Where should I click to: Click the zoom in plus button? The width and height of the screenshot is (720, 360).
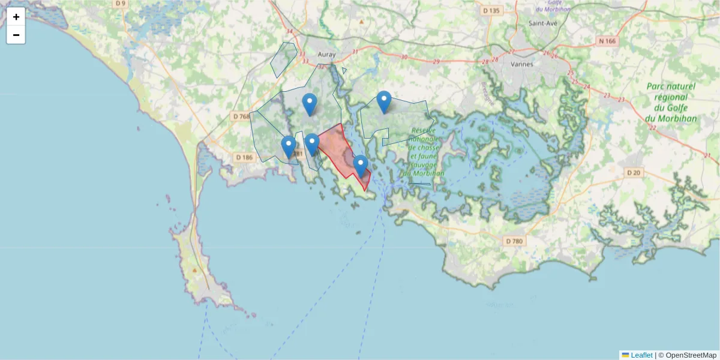(16, 17)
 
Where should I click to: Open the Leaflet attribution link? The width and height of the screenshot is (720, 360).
(641, 355)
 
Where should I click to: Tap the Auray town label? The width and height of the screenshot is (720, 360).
(326, 55)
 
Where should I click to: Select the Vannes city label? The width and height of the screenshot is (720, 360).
(522, 63)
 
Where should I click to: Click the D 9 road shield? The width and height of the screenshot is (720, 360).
(121, 4)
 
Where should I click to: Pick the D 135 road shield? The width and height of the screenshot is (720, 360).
(491, 10)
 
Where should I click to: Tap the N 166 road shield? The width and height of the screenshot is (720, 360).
(607, 41)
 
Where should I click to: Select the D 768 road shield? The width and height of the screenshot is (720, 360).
(241, 116)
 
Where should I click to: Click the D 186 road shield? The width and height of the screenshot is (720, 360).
(244, 157)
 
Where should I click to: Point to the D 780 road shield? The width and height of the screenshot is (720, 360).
(514, 241)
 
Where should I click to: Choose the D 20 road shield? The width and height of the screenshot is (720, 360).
(634, 172)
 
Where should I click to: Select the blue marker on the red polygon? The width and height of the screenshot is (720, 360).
(361, 166)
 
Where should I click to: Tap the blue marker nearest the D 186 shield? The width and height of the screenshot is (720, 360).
(289, 146)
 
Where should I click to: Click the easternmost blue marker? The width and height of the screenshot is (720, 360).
(384, 101)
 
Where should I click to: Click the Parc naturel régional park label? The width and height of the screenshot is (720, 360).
(671, 102)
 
